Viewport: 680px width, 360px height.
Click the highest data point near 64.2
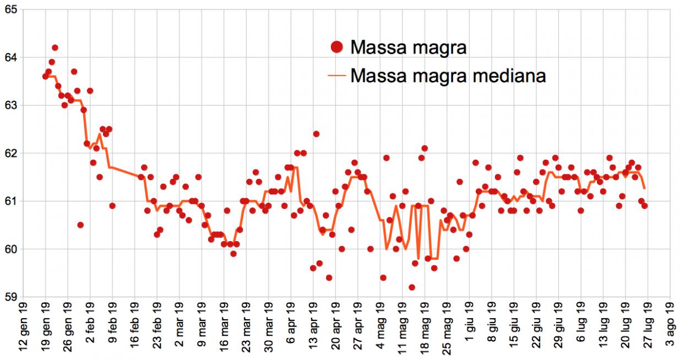click(55, 48)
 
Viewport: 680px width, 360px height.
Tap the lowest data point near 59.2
click(412, 287)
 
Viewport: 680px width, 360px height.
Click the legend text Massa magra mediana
click(448, 75)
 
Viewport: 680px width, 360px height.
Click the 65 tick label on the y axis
click(9, 9)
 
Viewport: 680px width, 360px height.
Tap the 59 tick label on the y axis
click(9, 297)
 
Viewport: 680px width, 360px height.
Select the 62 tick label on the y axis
click(9, 153)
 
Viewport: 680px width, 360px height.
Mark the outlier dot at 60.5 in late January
click(80, 225)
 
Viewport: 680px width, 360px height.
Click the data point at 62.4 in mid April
click(316, 134)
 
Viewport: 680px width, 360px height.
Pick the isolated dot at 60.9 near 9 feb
click(112, 206)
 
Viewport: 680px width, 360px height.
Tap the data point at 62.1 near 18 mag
click(425, 148)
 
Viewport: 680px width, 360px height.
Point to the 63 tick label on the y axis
click(9, 105)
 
